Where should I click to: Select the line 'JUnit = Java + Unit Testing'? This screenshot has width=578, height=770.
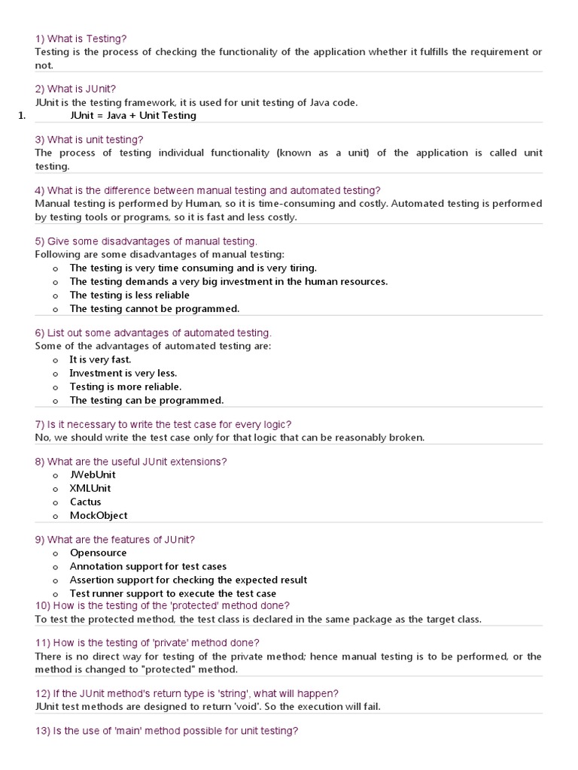point(132,116)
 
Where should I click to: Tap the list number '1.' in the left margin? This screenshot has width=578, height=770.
point(21,116)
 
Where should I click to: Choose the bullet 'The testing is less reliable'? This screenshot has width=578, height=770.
point(129,296)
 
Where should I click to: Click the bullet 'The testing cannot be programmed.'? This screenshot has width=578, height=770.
point(154,309)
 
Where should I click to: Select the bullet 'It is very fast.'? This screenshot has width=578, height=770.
point(100,359)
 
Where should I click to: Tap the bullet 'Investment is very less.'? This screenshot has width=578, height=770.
point(123,373)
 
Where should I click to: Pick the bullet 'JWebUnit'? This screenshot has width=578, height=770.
point(93,474)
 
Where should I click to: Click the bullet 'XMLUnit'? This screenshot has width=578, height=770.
point(90,488)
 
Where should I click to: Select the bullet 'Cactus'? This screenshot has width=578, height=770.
point(85,502)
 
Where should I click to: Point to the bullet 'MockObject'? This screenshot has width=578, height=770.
point(99,515)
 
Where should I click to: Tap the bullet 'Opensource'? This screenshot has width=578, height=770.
point(98,553)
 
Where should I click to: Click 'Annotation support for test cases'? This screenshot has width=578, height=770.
point(148,566)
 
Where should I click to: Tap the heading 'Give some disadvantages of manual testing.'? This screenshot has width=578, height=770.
point(146,241)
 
